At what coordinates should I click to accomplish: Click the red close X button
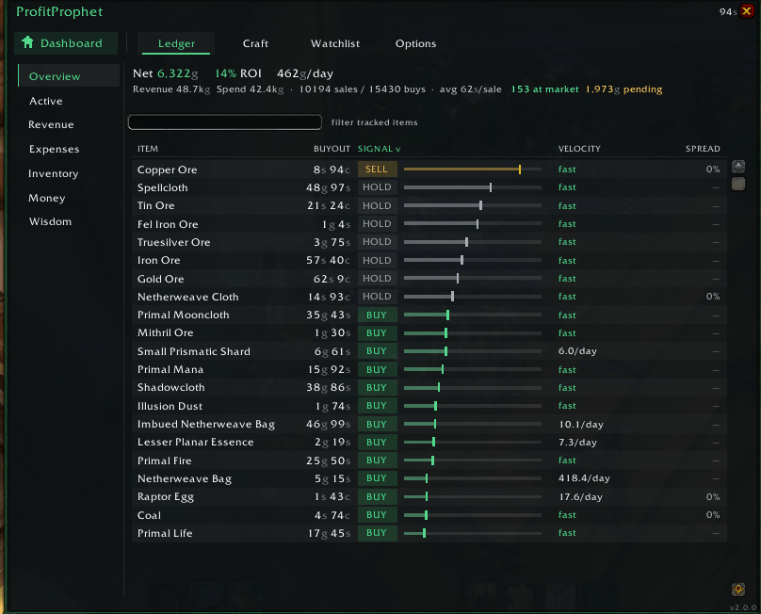pos(747,11)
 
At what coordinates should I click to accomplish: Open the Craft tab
pos(255,43)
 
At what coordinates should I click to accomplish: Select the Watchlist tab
pos(335,43)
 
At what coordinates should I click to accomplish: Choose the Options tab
pos(415,43)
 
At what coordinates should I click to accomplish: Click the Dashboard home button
pos(66,43)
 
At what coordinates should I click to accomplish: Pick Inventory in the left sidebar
pos(54,174)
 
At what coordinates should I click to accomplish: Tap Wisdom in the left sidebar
pos(50,222)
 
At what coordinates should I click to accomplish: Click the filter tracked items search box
pos(225,121)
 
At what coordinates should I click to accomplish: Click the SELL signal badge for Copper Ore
pos(377,169)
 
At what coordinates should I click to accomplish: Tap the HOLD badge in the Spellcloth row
pos(377,187)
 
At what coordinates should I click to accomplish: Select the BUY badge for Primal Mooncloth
pos(377,315)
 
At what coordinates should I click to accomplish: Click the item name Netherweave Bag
pos(185,479)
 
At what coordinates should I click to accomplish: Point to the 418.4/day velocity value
pos(584,478)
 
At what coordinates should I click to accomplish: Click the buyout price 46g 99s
pos(328,424)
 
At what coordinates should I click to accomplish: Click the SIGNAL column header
pos(379,149)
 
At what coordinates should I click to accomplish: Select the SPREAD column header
pos(703,149)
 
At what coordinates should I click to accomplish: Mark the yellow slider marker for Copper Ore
pos(520,169)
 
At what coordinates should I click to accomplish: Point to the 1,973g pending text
pos(623,89)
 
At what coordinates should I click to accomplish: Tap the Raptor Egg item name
pos(166,497)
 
